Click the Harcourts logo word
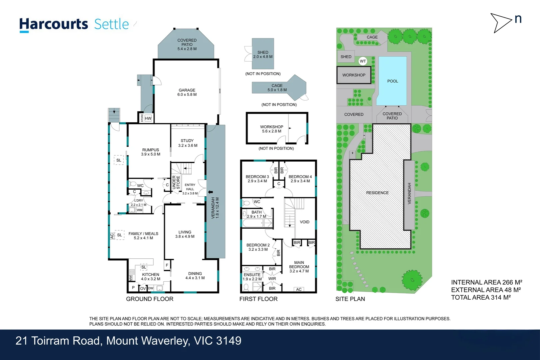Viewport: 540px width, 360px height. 54,25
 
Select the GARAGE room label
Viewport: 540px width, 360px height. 187,90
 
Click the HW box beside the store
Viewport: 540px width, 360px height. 148,118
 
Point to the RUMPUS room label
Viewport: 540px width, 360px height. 151,150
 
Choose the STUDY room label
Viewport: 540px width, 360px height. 187,141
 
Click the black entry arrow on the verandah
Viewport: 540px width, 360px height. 210,192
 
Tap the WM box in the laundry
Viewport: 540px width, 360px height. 140,210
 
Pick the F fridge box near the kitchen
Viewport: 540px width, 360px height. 167,265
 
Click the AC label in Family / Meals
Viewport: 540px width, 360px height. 112,236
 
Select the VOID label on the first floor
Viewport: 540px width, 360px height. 304,222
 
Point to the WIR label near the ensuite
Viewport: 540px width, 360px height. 272,279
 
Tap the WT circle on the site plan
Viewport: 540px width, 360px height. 363,61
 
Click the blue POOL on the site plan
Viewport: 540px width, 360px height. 392,81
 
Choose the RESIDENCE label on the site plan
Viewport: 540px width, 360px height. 377,193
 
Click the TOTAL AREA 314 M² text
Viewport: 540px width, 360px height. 481,297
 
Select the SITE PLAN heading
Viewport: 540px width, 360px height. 350,299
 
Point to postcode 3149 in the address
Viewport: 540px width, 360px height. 229,341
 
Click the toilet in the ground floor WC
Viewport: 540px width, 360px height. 132,184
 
